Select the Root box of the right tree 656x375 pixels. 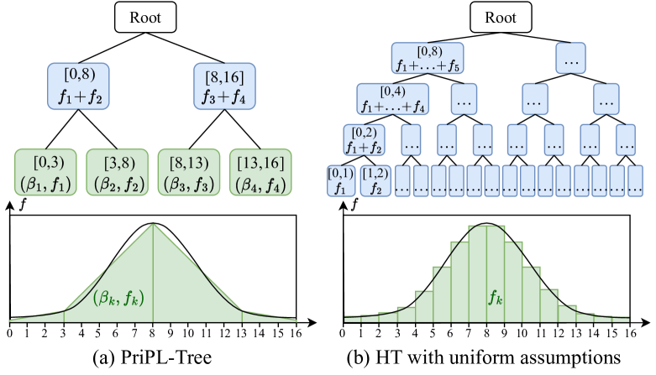click(x=496, y=18)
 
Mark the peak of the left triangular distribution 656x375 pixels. click(x=152, y=224)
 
